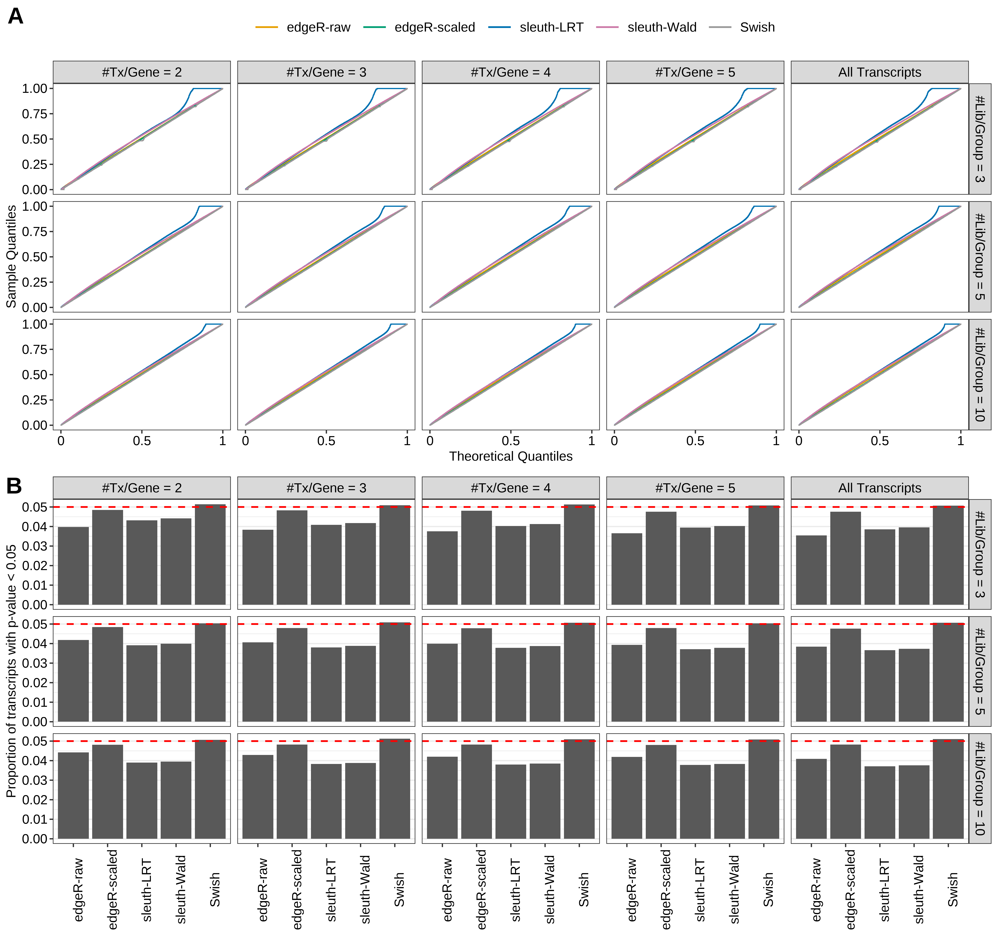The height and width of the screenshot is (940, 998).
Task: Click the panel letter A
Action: point(16,17)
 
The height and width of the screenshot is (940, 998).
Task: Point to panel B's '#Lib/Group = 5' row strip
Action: point(979,671)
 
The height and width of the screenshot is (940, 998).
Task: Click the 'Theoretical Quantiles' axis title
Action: point(511,456)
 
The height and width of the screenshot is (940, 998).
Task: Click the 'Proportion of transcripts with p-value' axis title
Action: point(11,671)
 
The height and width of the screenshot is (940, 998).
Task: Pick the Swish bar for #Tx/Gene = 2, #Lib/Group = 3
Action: point(210,555)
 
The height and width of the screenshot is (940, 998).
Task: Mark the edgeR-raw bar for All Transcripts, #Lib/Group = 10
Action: point(811,799)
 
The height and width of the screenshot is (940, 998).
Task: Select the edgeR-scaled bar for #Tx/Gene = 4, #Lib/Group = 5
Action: point(476,675)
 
